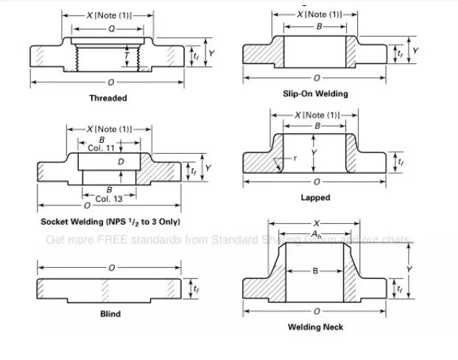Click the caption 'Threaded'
pyautogui.click(x=108, y=98)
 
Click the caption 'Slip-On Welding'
pyautogui.click(x=315, y=93)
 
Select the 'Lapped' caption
pyautogui.click(x=315, y=197)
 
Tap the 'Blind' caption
pyautogui.click(x=110, y=314)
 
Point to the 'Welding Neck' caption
pyautogui.click(x=315, y=327)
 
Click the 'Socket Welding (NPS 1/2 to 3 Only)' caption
pyautogui.click(x=110, y=222)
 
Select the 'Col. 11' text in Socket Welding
pyautogui.click(x=102, y=147)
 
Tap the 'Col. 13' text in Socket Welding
pyautogui.click(x=109, y=199)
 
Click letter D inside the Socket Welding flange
pyautogui.click(x=121, y=160)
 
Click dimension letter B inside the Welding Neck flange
pyautogui.click(x=315, y=272)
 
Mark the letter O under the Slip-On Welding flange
pyautogui.click(x=317, y=77)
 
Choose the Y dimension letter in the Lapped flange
pyautogui.click(x=315, y=152)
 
